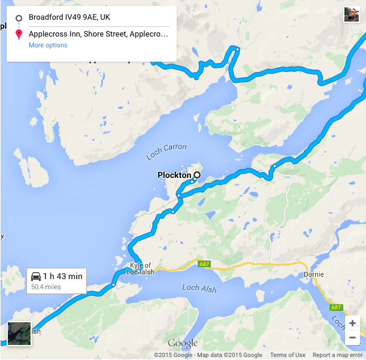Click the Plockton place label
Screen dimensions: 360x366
(173, 175)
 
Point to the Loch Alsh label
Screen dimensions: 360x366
(199, 288)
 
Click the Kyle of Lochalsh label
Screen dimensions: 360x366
(141, 268)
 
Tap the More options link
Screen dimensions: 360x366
(48, 45)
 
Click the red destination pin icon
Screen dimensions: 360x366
(19, 34)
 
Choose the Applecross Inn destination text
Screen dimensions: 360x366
(98, 34)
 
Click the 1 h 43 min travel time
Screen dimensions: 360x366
(63, 276)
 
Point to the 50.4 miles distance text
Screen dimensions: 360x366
(46, 288)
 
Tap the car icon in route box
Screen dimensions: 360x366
(36, 276)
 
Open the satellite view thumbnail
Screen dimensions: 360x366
(19, 334)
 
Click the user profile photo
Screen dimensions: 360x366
(352, 14)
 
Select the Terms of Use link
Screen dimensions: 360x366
(288, 355)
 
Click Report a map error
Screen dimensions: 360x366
(337, 355)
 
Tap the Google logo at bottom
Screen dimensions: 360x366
(183, 343)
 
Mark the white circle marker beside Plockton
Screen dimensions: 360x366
(195, 175)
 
